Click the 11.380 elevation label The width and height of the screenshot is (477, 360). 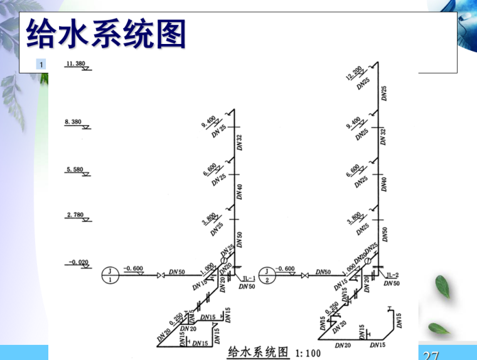click(75, 63)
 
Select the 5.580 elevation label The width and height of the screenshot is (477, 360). click(75, 170)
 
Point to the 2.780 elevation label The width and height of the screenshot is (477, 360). click(75, 215)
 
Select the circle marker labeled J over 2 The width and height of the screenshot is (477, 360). click(269, 275)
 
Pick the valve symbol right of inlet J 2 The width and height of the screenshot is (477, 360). click(306, 276)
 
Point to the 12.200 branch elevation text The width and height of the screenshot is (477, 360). click(353, 74)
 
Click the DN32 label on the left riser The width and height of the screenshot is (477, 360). click(239, 142)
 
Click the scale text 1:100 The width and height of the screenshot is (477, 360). click(307, 352)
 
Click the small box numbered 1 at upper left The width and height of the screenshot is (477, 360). click(41, 64)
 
